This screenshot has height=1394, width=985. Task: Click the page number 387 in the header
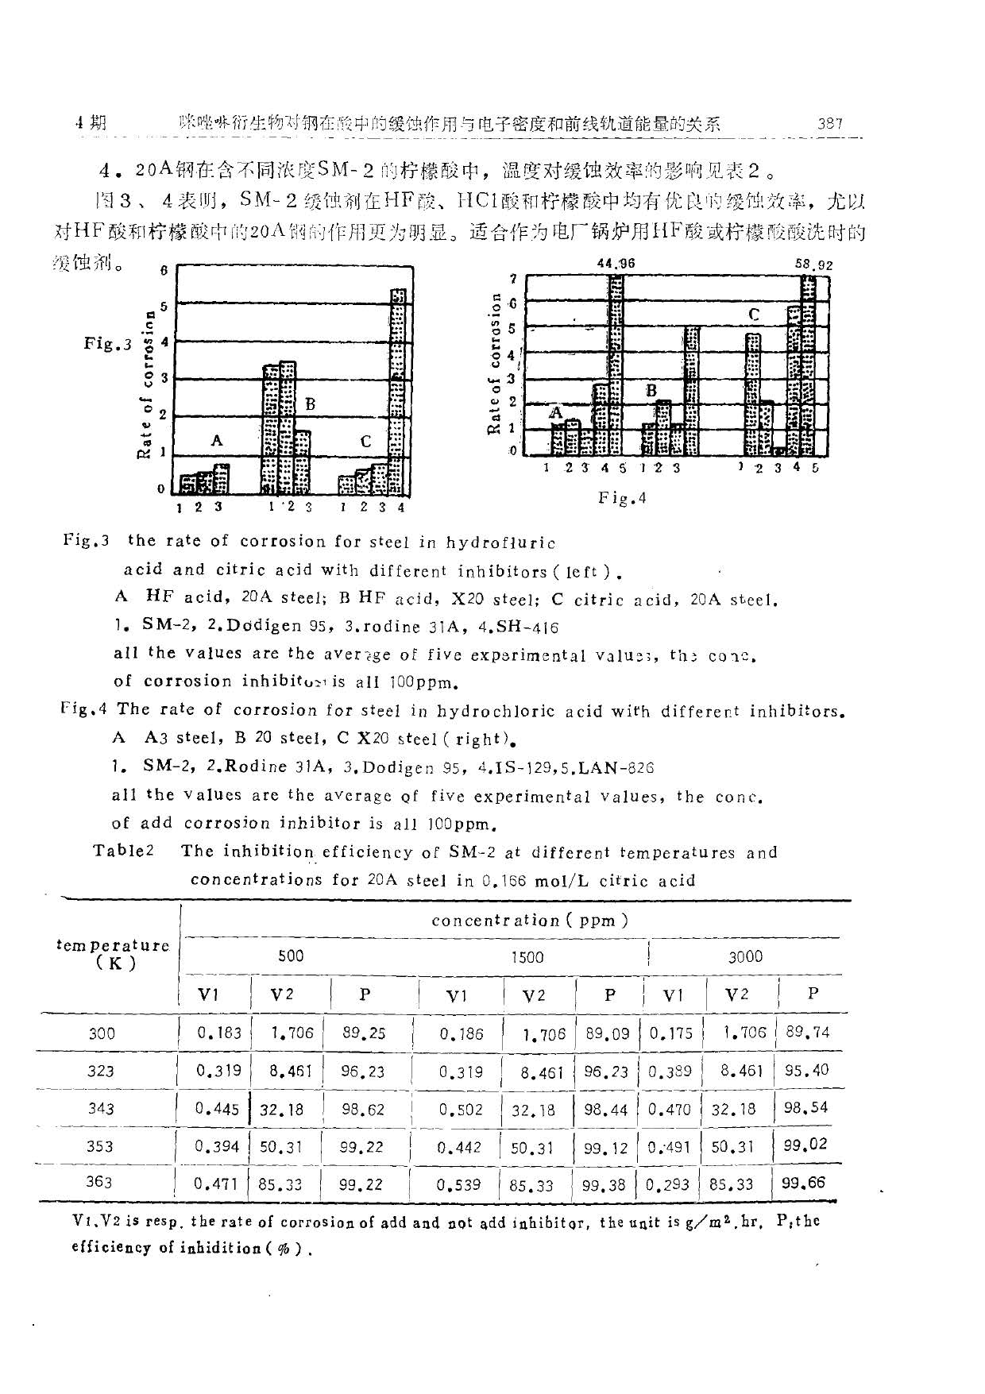pyautogui.click(x=829, y=123)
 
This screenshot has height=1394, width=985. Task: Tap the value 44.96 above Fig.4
pyautogui.click(x=616, y=264)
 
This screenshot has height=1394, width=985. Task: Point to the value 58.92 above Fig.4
pyautogui.click(x=813, y=265)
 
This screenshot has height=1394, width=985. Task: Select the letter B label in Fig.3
pyautogui.click(x=310, y=404)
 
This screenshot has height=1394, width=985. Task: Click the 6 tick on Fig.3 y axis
pyautogui.click(x=164, y=270)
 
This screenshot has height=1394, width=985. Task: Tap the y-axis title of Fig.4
pyautogui.click(x=494, y=364)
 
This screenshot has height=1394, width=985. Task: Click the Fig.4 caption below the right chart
pyautogui.click(x=622, y=498)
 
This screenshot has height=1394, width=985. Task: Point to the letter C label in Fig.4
pyautogui.click(x=754, y=315)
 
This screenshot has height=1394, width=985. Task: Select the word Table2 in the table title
pyautogui.click(x=123, y=851)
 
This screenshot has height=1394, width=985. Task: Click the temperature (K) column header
pyautogui.click(x=114, y=954)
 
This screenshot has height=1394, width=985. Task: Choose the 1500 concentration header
pyautogui.click(x=527, y=957)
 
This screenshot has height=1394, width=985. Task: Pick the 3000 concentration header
pyautogui.click(x=745, y=957)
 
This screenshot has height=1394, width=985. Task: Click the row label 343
pyautogui.click(x=101, y=1109)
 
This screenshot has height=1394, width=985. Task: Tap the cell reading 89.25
pyautogui.click(x=364, y=1033)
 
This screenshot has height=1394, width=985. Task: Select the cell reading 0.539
pyautogui.click(x=459, y=1184)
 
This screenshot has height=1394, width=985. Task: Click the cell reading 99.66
pyautogui.click(x=805, y=1183)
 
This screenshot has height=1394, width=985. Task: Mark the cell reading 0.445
pyautogui.click(x=216, y=1109)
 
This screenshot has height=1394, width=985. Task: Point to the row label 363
pyautogui.click(x=99, y=1181)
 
